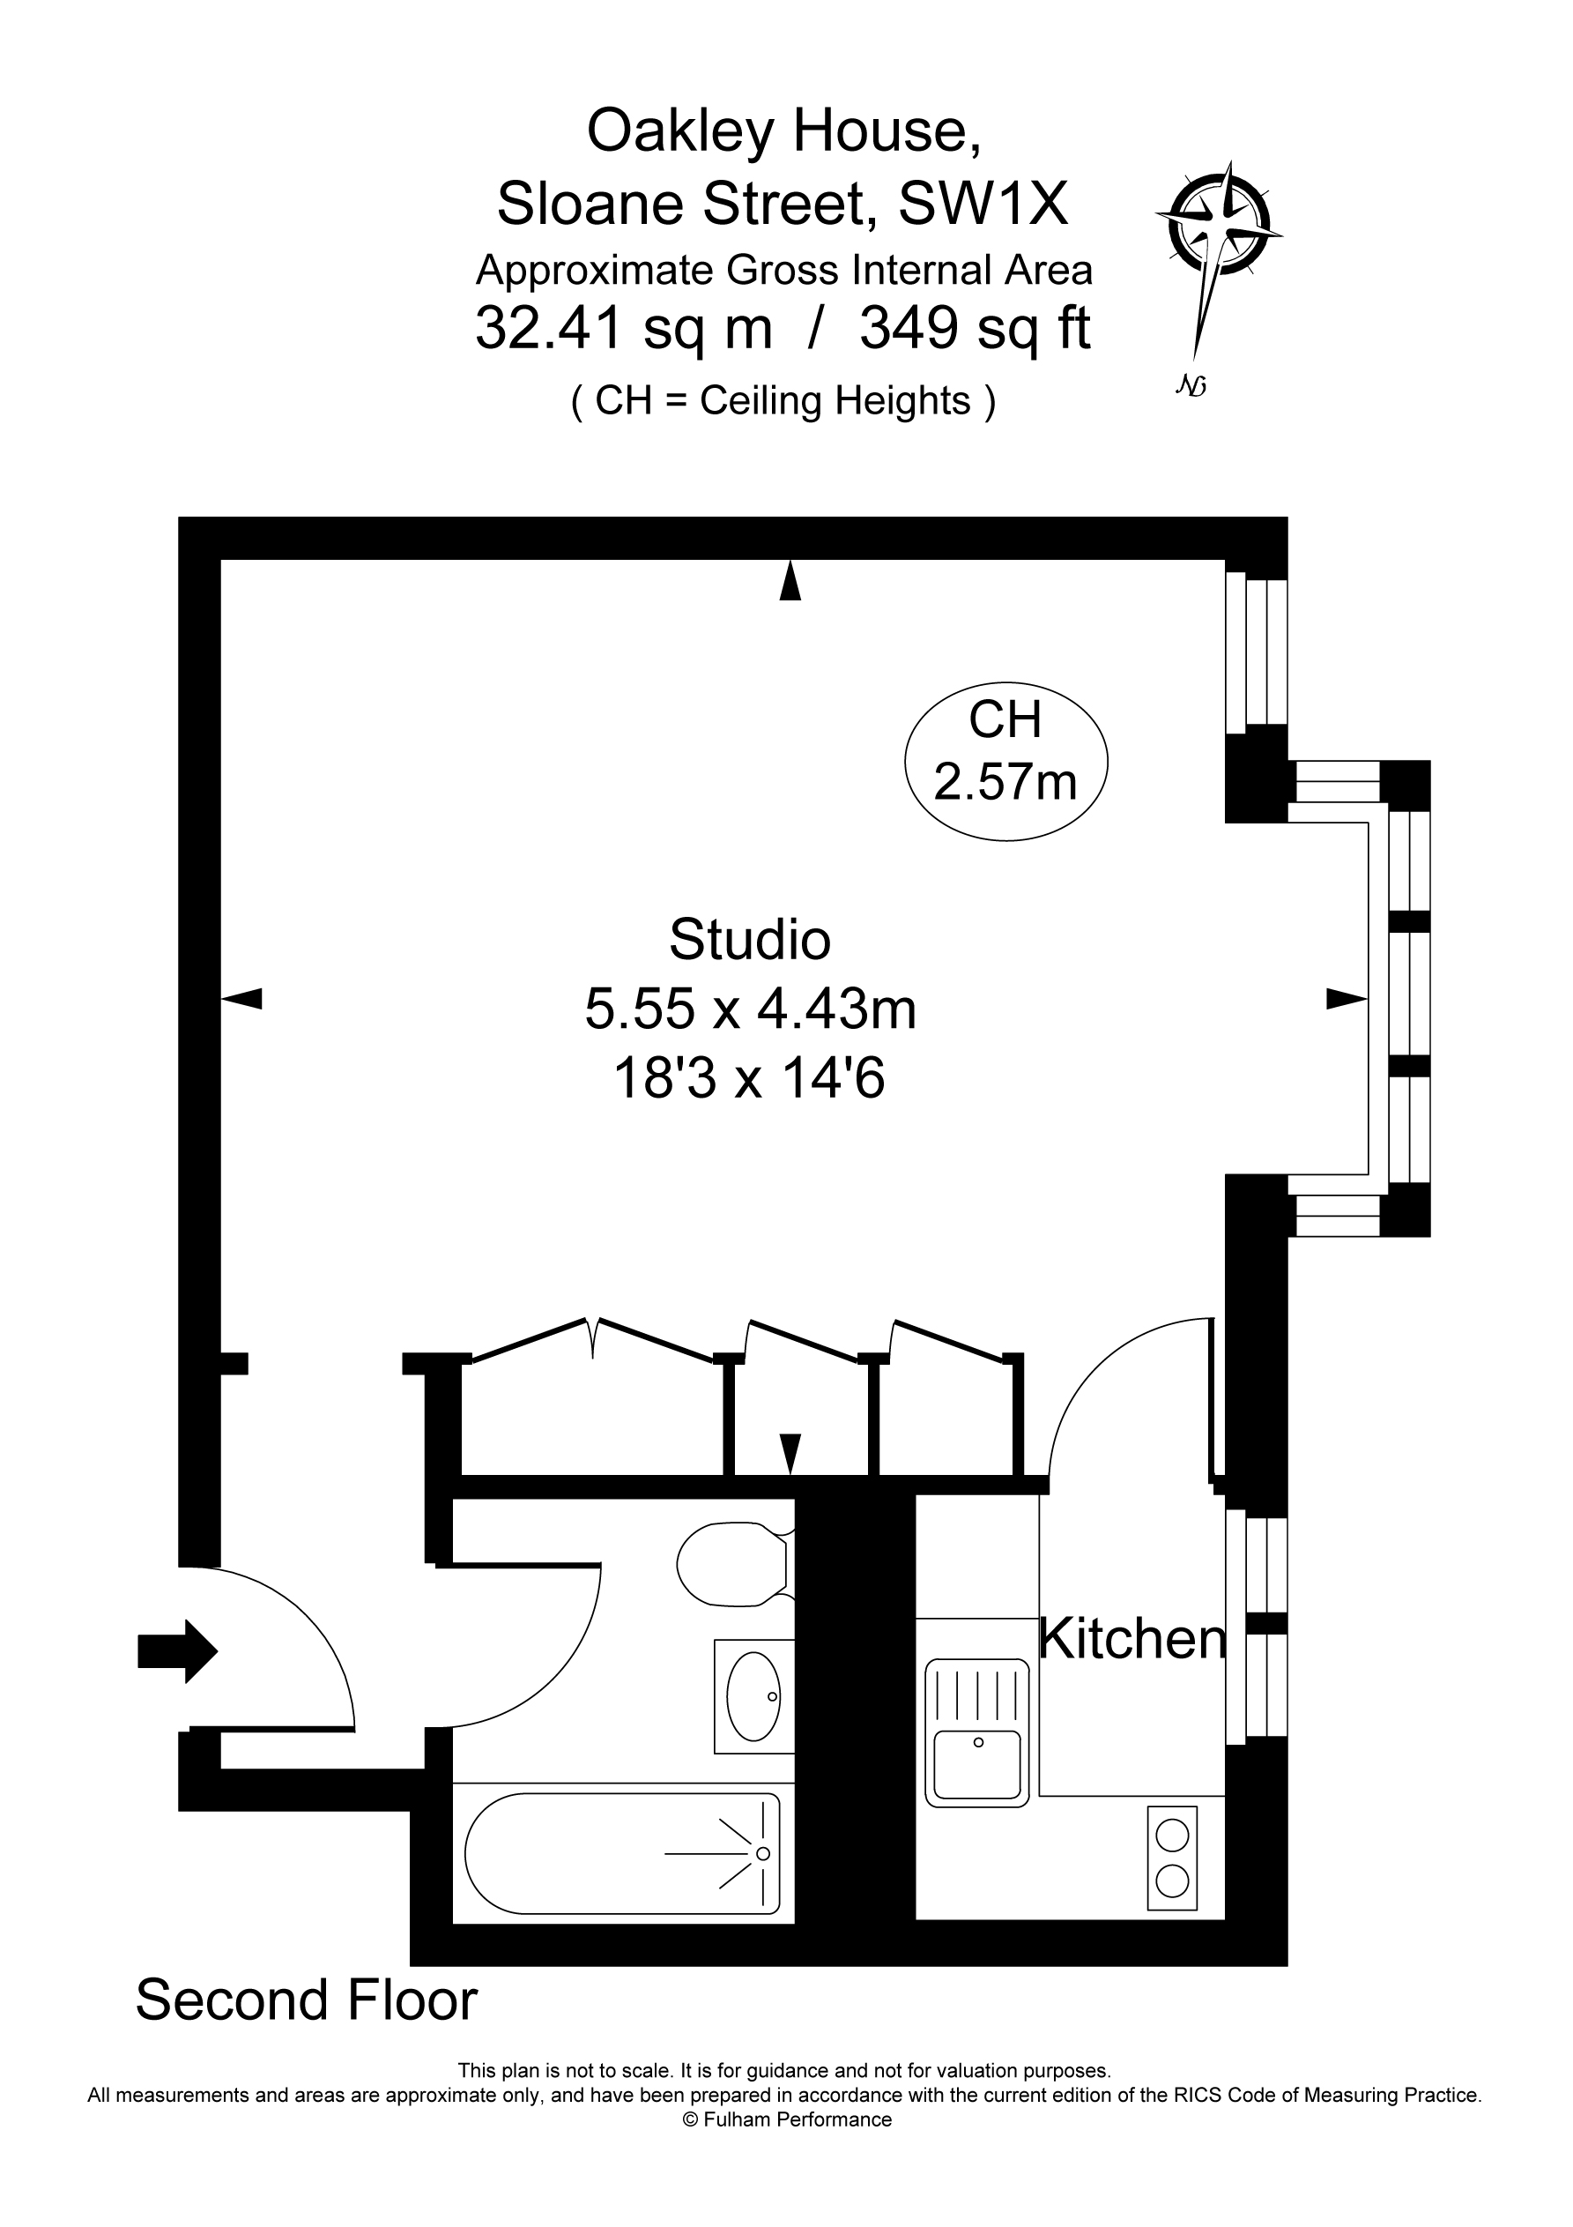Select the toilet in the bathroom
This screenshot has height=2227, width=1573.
pyautogui.click(x=732, y=1563)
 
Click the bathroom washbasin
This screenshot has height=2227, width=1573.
pyautogui.click(x=753, y=1695)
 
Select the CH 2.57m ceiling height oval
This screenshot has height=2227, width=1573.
pyautogui.click(x=1005, y=752)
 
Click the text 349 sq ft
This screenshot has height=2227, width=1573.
pyautogui.click(x=975, y=328)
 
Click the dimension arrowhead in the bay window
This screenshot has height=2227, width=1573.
pyautogui.click(x=1346, y=998)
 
